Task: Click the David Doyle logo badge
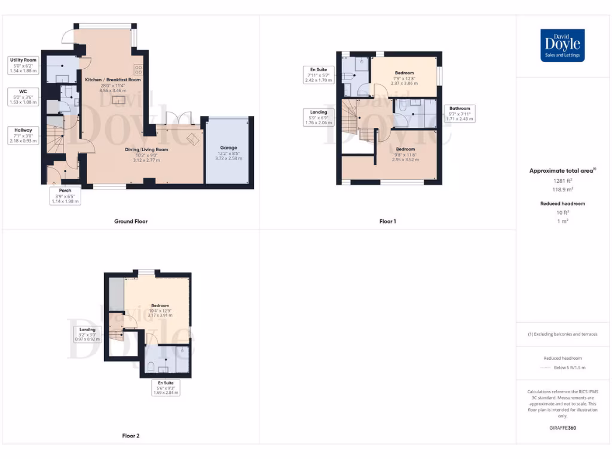coord(562,45)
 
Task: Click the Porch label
coord(65,191)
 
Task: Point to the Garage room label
coord(228,148)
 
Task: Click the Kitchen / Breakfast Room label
coord(113,79)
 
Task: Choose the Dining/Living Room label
coord(146,149)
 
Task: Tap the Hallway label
coord(23,130)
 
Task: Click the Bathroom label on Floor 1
coord(460,108)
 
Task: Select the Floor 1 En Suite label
coord(318,70)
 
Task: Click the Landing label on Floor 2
coord(87,329)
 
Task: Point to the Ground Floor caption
coord(131,221)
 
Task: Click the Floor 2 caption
coord(131,436)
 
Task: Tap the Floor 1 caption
coord(388,221)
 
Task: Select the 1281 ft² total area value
coord(562,180)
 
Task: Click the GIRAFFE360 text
coord(562,428)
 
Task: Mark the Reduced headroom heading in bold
coord(562,204)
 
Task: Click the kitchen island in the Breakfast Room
coord(120,100)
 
